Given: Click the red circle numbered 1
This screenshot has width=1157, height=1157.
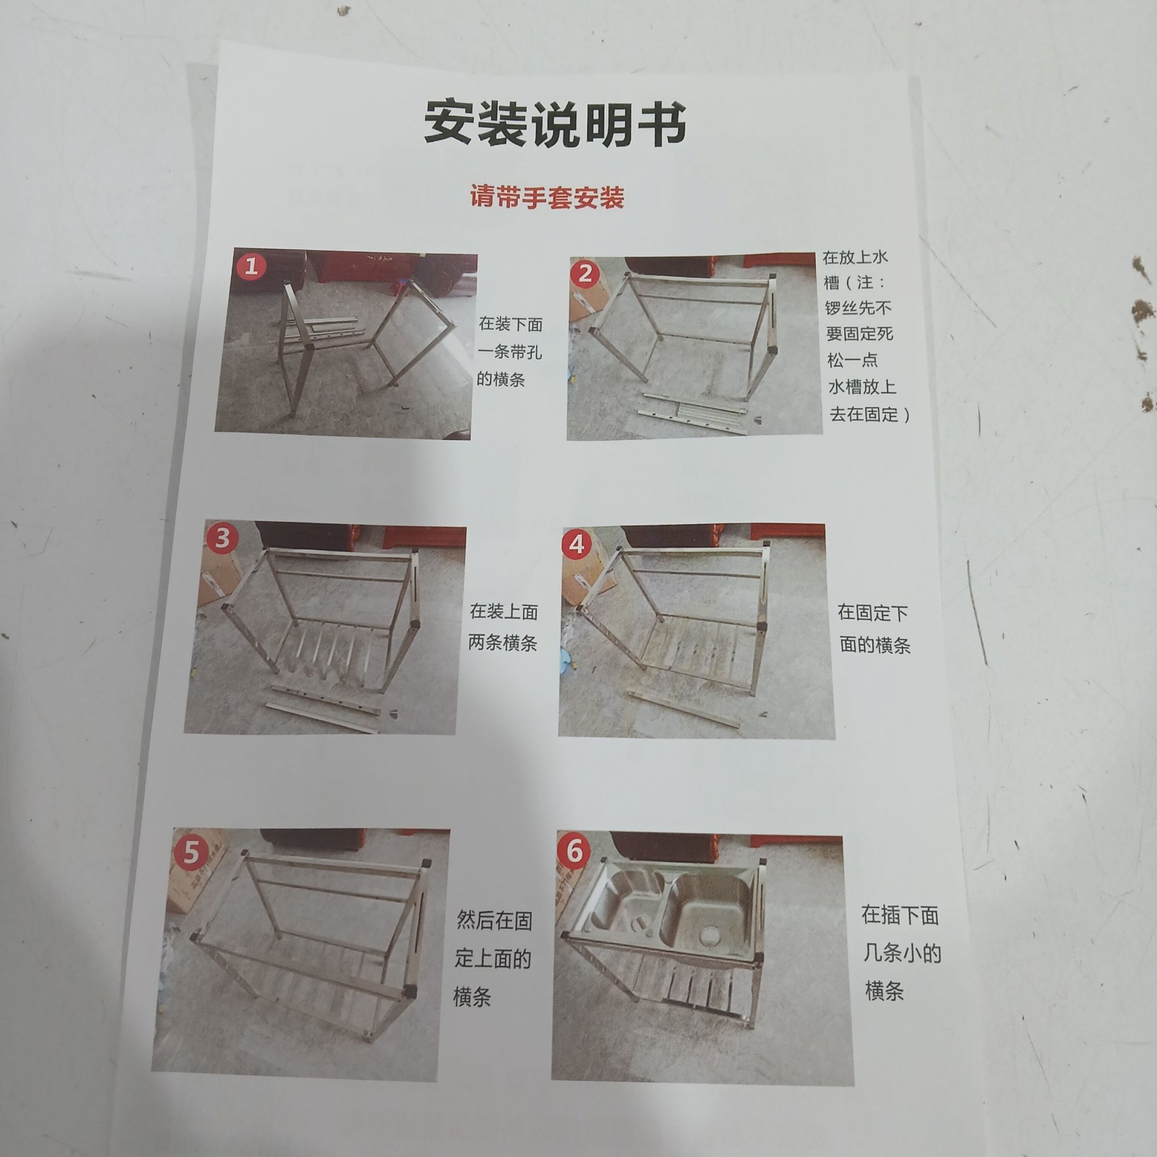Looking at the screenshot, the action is pos(251,265).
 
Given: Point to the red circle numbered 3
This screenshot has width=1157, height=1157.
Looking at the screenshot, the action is pos(222,537).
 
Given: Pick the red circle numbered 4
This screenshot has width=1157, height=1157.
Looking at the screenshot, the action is pos(577,544).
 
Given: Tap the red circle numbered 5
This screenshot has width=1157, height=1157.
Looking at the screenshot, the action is pos(191,852).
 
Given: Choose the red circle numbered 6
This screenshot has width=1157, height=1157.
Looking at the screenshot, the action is pos(574,851).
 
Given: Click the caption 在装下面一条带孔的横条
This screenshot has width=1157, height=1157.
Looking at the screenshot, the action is pos(510,351).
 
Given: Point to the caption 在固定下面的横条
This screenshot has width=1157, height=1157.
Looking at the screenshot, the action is pos(874,629).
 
